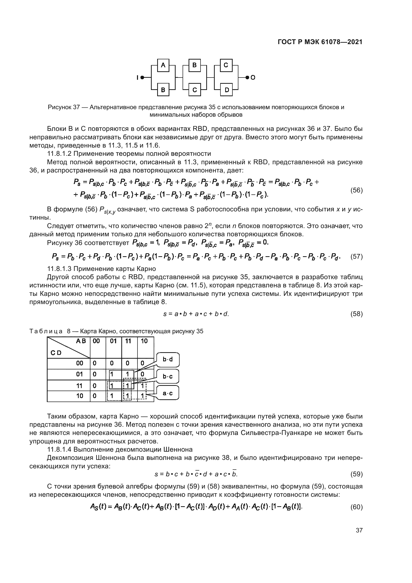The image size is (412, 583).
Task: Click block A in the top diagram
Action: (x=163, y=65)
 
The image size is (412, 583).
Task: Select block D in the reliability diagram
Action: (x=226, y=90)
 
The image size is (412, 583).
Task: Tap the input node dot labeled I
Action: (x=142, y=78)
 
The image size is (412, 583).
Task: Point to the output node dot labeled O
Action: (x=247, y=78)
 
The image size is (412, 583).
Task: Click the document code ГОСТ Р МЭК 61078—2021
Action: (x=320, y=42)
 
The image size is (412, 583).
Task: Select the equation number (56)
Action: (x=356, y=190)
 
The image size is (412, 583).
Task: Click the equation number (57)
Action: (x=356, y=256)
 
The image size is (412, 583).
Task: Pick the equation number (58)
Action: (x=356, y=314)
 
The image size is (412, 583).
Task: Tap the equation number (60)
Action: (x=356, y=507)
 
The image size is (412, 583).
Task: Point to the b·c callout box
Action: (x=168, y=376)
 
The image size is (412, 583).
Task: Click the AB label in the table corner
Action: (x=81, y=341)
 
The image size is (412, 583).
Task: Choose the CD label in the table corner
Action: (x=56, y=353)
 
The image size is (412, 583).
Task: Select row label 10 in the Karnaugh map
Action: (x=80, y=396)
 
